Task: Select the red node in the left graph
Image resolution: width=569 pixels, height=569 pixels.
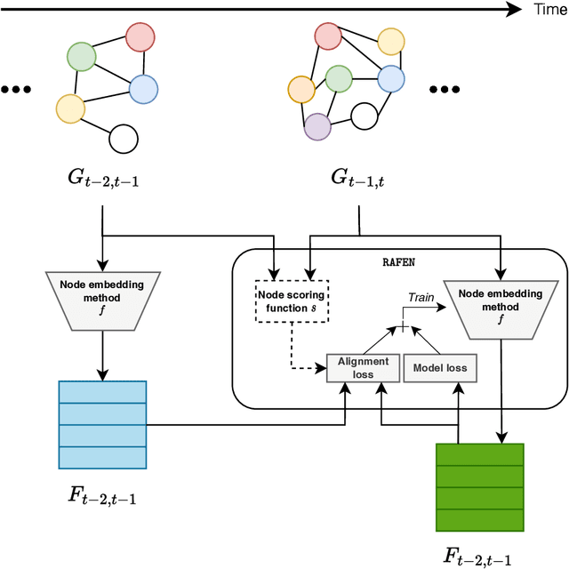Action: click(140, 37)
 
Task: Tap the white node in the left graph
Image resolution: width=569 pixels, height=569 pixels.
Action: click(123, 139)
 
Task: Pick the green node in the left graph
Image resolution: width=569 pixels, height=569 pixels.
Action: click(81, 57)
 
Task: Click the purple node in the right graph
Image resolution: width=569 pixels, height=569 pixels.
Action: click(317, 127)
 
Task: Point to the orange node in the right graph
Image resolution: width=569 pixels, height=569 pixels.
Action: click(301, 89)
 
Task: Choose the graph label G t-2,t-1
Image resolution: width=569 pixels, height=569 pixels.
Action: click(103, 179)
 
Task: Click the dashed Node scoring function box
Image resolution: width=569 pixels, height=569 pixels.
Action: click(293, 301)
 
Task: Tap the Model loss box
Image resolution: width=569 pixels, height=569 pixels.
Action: click(439, 367)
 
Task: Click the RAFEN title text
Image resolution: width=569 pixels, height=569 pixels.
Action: click(399, 262)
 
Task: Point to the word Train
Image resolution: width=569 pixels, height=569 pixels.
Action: click(421, 298)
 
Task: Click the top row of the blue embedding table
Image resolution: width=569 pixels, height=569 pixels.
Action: click(102, 392)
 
